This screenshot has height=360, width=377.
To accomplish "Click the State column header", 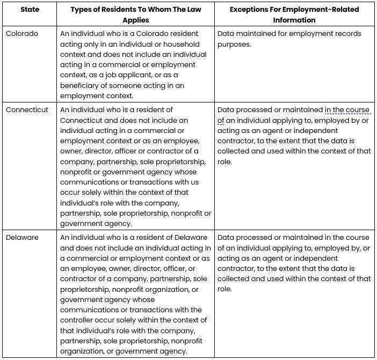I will pos(30,10).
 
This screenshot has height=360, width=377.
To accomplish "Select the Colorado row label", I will pos(22,34).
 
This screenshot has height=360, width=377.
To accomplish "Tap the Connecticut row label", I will pos(27,110).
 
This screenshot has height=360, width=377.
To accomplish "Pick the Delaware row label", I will pos(23,238).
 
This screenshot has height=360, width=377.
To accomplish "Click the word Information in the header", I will pos(295,20).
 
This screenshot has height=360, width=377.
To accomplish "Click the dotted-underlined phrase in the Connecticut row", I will pos(347,111).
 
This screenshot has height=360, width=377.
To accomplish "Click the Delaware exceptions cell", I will pos(294,263).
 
